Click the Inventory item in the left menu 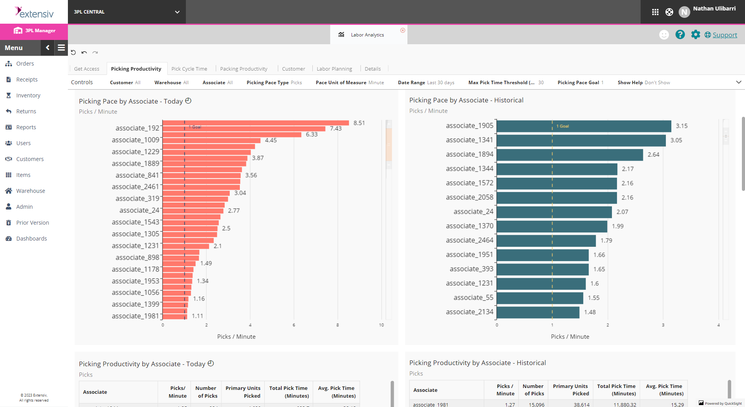pos(28,95)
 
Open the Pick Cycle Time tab pos(189,69)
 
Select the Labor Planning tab pos(334,69)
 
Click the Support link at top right pos(724,35)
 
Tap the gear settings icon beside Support pos(695,35)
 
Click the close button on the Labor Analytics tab pos(403,30)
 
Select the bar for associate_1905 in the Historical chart pos(584,126)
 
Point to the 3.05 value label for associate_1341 pos(676,140)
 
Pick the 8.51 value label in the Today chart pos(359,123)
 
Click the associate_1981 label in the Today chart pos(135,316)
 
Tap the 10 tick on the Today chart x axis pos(381,325)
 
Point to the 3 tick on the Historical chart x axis pos(663,325)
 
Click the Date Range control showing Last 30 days pos(426,83)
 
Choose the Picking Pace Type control pos(274,83)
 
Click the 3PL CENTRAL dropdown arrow pos(177,12)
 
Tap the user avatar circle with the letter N pos(684,12)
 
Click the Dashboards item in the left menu pos(31,239)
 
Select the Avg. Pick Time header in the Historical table pos(664,390)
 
